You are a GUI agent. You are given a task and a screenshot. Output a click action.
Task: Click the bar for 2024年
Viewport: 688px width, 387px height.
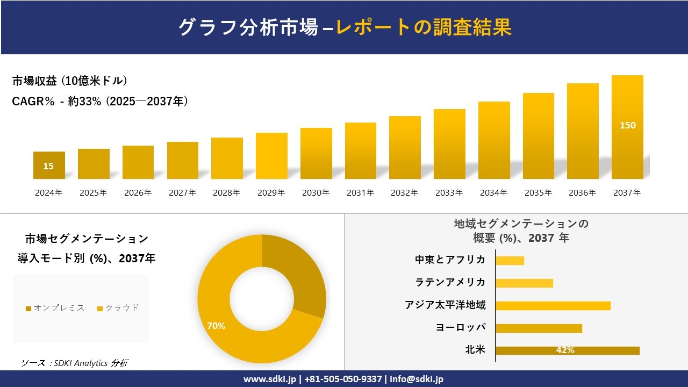click(x=49, y=165)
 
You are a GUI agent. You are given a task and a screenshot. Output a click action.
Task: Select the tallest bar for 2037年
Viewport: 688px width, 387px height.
click(x=627, y=127)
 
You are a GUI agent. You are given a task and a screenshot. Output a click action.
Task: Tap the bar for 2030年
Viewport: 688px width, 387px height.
click(x=316, y=153)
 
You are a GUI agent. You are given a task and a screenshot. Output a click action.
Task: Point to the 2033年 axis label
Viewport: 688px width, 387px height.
click(x=449, y=192)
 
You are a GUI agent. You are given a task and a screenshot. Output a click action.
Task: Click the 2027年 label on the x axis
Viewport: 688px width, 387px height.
click(x=182, y=192)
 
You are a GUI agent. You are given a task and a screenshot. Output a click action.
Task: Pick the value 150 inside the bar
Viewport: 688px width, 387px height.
click(x=627, y=125)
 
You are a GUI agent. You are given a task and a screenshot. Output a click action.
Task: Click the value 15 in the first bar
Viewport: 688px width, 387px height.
click(x=48, y=166)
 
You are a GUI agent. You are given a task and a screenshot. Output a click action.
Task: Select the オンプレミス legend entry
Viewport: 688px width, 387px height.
click(x=55, y=308)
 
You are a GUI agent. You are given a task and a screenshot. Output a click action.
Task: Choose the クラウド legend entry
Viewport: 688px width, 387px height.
click(x=118, y=308)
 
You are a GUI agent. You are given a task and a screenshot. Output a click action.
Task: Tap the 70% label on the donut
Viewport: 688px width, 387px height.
click(x=216, y=326)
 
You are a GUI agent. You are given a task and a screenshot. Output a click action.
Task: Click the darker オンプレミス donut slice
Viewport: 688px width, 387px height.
click(x=296, y=274)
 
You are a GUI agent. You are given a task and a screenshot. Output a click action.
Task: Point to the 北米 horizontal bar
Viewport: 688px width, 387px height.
click(x=568, y=350)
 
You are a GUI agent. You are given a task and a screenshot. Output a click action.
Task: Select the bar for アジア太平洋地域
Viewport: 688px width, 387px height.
click(x=553, y=305)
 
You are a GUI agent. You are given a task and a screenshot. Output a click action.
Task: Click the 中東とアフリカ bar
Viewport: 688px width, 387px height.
click(x=510, y=260)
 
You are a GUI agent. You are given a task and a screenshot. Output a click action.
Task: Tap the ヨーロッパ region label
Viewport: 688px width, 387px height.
click(x=461, y=327)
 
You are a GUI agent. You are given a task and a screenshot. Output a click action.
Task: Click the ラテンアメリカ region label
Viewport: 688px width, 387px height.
click(x=450, y=282)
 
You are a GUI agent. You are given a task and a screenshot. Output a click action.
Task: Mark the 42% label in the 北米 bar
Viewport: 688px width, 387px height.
click(x=565, y=350)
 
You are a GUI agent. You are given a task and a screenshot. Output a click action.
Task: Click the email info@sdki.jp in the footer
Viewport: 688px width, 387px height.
click(x=417, y=379)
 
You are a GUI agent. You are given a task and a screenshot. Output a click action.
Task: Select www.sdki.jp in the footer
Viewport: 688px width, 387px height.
click(x=269, y=379)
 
